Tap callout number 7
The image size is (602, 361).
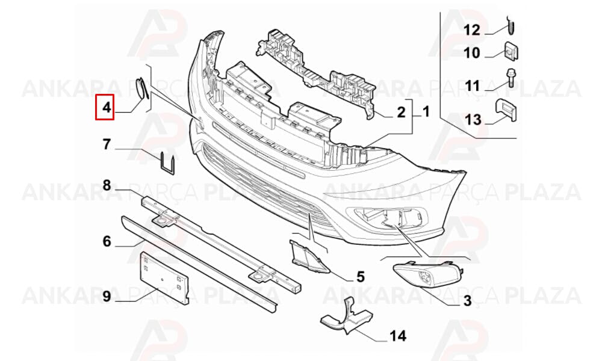107,144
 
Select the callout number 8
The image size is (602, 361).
107,185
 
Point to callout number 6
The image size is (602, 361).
107,241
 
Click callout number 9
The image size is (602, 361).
107,296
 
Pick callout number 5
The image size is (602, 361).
360,277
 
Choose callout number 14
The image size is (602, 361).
398,336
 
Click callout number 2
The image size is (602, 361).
401,113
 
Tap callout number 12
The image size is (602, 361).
472,30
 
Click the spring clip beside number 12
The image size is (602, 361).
510,25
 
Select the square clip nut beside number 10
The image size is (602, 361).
510,51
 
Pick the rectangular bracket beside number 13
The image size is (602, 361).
505,111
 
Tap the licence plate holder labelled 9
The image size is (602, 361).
164,278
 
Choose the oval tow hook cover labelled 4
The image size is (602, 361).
141,88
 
